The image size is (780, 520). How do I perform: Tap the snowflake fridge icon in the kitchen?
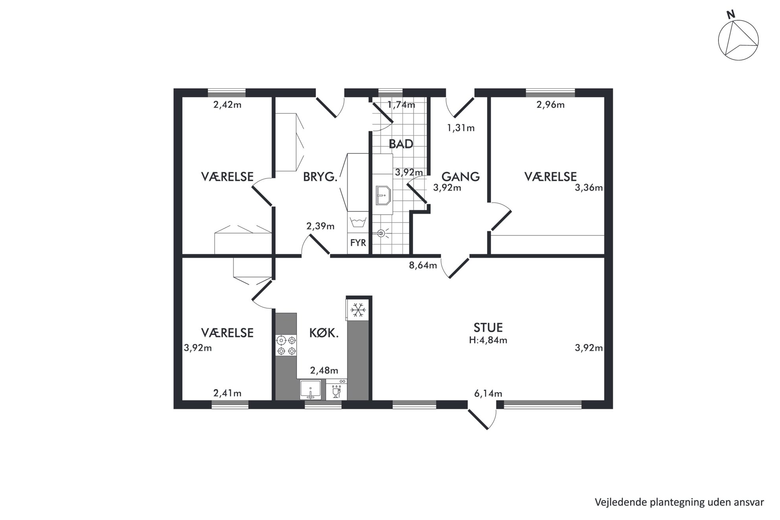[358, 310]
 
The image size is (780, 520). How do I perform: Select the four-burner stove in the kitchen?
[286, 345]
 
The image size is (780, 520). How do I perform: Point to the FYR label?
[358, 243]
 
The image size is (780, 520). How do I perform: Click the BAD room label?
[401, 144]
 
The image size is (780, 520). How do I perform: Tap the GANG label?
[460, 176]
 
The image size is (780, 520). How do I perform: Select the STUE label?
[488, 327]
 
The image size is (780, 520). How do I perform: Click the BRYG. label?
[320, 177]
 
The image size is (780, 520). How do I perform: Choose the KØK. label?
[324, 333]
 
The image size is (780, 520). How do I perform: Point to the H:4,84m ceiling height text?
[488, 340]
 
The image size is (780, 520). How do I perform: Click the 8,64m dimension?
[423, 265]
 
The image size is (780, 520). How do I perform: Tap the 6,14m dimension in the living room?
[488, 393]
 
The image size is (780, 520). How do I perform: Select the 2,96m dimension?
[550, 105]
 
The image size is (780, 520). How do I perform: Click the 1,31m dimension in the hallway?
[460, 128]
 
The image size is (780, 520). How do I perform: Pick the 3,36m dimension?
[589, 188]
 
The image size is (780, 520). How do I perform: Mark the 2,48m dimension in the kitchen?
[324, 371]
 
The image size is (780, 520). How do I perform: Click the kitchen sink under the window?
[311, 390]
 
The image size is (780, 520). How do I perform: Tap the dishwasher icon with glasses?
[337, 390]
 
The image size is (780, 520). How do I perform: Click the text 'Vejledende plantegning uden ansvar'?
[679, 502]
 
